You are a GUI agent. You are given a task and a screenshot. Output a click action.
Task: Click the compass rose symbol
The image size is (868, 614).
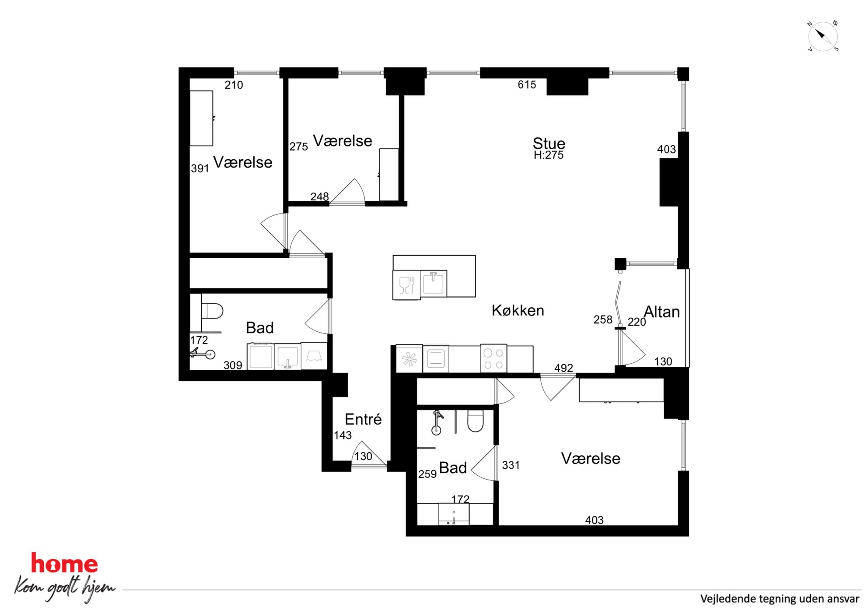(823, 36)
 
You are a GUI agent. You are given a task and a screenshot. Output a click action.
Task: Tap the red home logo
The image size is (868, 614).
(64, 563)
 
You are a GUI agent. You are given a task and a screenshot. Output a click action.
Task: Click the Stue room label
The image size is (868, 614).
(549, 143)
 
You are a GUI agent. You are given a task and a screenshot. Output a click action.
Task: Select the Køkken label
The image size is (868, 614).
(518, 310)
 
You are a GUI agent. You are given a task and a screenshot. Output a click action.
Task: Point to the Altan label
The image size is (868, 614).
(662, 312)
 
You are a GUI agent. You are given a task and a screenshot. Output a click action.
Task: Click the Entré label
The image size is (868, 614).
(363, 419)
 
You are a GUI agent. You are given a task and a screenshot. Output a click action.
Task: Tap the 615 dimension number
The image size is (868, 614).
(527, 84)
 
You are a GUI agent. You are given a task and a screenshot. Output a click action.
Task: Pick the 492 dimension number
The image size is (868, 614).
(563, 368)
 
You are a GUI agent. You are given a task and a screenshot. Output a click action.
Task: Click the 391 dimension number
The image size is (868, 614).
(200, 168)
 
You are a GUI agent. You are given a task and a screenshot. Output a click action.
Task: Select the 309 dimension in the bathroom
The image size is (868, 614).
(233, 365)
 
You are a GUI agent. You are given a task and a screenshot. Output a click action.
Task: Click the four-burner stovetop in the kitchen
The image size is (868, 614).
(493, 358)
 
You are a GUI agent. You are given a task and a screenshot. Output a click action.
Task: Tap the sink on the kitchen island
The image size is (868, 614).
(434, 284)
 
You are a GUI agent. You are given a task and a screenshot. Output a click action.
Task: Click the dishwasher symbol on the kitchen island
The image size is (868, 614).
(407, 285)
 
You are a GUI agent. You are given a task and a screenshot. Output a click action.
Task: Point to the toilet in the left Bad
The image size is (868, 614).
(212, 311)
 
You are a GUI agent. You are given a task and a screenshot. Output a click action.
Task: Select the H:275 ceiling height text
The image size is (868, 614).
(549, 155)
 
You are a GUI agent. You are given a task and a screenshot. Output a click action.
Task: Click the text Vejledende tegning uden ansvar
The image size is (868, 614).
(780, 599)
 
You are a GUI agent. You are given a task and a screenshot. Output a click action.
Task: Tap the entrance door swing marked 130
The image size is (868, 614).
(368, 459)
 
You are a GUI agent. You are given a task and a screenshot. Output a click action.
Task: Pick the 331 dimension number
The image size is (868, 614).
(511, 465)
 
